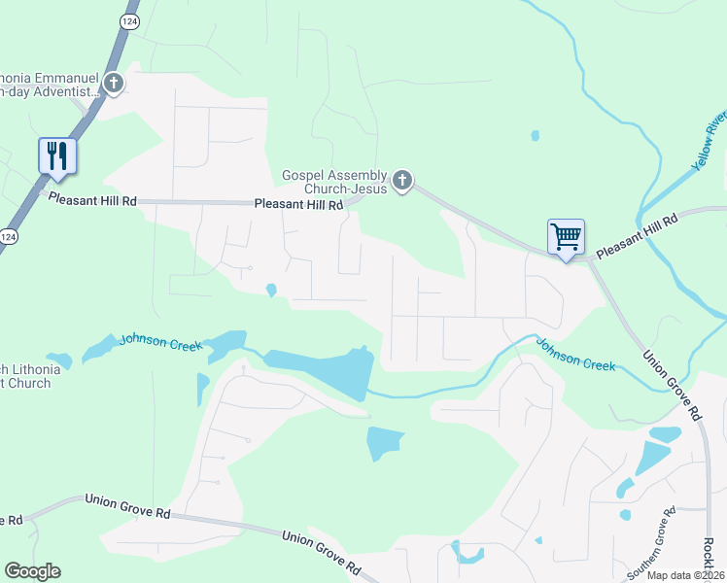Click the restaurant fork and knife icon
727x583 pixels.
tap(57, 155)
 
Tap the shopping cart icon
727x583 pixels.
tap(566, 236)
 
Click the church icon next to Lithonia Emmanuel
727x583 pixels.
tap(114, 84)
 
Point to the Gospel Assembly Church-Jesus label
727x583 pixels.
tap(334, 182)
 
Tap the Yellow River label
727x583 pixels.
tap(709, 142)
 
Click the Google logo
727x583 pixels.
tap(32, 571)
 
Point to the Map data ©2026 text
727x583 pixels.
tap(685, 575)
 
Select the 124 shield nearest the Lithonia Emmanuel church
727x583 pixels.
tap(128, 19)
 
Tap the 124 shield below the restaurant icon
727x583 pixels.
tap(9, 236)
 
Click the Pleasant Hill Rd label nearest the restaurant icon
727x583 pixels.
tap(92, 199)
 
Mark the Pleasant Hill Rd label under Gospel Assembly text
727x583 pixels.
tap(298, 205)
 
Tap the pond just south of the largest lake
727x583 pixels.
tap(385, 442)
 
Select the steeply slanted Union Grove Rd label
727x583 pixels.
tap(672, 384)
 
